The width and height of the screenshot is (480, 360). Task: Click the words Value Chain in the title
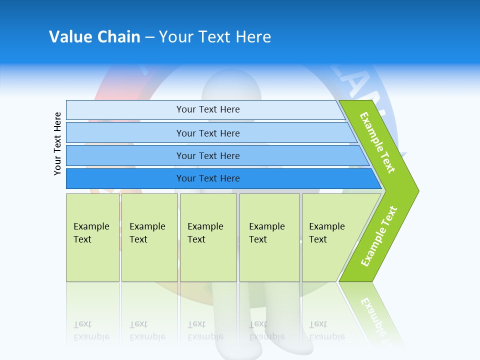[94, 37]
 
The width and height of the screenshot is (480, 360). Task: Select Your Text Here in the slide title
[215, 37]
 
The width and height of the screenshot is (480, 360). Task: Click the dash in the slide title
[149, 37]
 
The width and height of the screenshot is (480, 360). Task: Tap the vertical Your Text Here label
[58, 144]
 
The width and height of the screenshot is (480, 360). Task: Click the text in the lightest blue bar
[208, 109]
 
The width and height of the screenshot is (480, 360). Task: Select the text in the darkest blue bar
[208, 178]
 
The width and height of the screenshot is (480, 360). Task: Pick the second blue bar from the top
[208, 133]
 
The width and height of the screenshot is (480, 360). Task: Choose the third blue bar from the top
[208, 156]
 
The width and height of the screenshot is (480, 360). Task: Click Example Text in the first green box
[91, 233]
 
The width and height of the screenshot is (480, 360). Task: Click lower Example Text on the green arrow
[379, 236]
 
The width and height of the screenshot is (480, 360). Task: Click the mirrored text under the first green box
[91, 330]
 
